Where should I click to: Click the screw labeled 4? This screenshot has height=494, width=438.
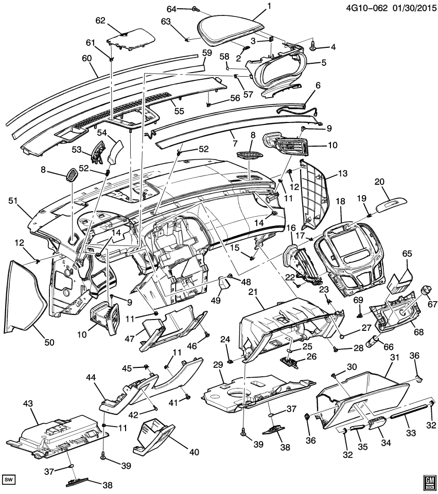[313, 46]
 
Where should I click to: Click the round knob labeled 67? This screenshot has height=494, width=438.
[426, 291]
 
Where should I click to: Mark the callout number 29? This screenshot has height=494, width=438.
[218, 364]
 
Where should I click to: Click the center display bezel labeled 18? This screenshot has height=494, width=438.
[355, 255]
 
